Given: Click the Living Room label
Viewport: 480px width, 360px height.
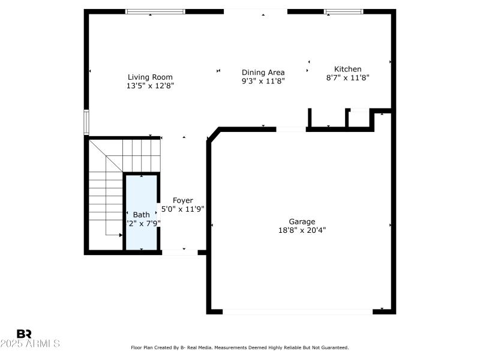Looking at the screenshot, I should point(150,77).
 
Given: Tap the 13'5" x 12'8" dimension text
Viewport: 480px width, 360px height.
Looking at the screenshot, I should point(150,86).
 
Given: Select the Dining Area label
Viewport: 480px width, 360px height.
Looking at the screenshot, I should point(263,72).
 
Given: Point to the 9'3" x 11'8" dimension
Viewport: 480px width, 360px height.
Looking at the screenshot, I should point(263,81).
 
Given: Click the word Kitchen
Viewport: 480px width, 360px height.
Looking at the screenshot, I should point(348,69).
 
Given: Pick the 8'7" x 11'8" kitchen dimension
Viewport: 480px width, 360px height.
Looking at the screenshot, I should point(348,77).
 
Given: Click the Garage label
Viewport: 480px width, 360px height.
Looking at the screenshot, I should point(302,221).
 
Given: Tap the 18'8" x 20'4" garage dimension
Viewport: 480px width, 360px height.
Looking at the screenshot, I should point(302,230).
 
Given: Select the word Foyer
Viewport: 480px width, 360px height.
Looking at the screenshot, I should point(182,200).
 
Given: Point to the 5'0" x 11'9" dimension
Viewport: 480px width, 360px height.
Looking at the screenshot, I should point(183,209).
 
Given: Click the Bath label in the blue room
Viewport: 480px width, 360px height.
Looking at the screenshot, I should point(142,215).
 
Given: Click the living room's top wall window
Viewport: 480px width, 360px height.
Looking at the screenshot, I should point(155,11).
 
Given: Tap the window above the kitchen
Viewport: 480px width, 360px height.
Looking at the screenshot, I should point(343,11).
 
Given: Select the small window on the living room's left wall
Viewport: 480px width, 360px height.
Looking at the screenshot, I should point(86,122).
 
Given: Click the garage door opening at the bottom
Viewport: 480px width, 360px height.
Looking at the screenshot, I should point(297,311).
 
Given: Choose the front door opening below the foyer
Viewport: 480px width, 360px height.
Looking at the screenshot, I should point(179,253).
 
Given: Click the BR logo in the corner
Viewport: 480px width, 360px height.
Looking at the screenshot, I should point(24,334).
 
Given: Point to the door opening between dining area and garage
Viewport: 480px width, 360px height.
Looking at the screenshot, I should point(291,129).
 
